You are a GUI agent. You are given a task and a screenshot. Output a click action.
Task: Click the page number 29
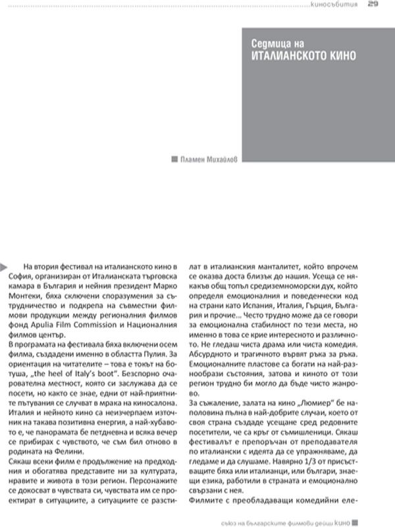[x=372, y=5]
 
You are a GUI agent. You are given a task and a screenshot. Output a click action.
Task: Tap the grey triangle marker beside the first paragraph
[x=5, y=265]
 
